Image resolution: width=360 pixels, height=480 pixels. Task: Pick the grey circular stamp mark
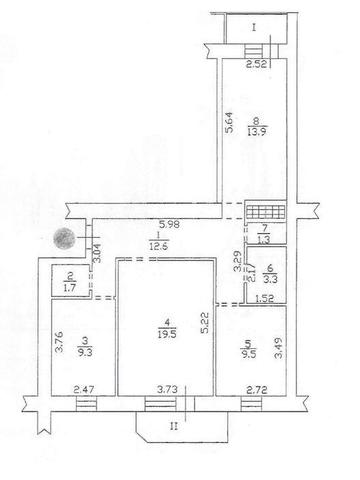point(64,239)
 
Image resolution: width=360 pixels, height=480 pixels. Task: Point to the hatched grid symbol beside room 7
point(267,212)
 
